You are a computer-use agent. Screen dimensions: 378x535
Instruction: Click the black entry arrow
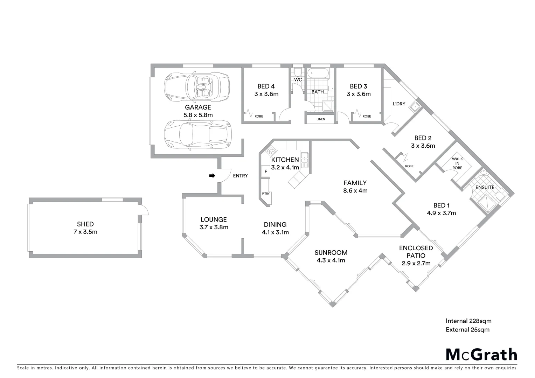pos(212,176)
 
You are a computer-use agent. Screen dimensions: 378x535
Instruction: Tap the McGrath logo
pos(481,355)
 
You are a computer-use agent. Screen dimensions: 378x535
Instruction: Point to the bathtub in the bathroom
pos(318,74)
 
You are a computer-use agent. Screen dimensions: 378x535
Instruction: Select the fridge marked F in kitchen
pos(266,171)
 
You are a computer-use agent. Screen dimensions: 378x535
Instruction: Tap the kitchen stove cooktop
pos(271,151)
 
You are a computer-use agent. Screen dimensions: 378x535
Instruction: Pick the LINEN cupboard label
pos(320,119)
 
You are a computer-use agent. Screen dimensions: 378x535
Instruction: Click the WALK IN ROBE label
pos(457,163)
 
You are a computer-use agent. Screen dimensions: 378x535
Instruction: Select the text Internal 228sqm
pos(468,321)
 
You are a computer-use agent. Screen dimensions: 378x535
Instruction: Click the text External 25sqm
pos(467,329)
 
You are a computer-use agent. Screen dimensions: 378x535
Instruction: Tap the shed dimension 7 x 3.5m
pos(85,232)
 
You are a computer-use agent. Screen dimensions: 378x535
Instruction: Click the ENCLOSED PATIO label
pos(416,252)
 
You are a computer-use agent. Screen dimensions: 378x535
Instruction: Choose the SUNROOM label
pos(331,252)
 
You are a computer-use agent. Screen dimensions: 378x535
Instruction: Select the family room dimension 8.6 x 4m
pos(355,191)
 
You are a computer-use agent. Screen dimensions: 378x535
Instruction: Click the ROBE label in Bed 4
pos(259,116)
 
